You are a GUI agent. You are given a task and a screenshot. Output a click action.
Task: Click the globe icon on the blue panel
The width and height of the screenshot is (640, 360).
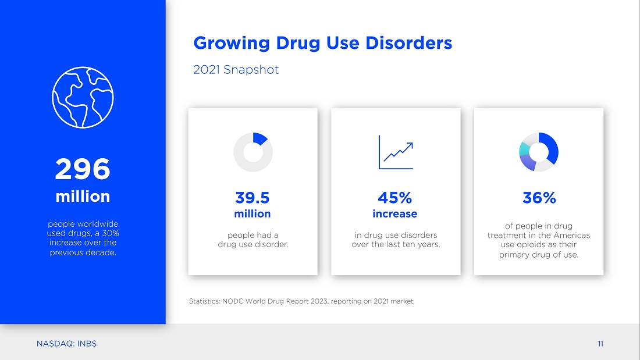click(83, 97)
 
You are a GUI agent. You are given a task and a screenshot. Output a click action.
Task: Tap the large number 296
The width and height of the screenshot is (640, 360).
click(83, 169)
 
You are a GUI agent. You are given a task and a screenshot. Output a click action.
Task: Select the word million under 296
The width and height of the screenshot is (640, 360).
click(83, 197)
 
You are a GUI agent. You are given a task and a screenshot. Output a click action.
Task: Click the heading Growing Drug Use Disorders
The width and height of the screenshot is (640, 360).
click(322, 43)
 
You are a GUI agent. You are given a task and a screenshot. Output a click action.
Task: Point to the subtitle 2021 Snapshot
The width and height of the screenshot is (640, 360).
click(236, 70)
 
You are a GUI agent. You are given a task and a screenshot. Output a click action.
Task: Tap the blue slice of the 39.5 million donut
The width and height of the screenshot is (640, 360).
click(261, 138)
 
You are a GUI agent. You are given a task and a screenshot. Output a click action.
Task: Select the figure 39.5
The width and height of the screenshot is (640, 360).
click(253, 198)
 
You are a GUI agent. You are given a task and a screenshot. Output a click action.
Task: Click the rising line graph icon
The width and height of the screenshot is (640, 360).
click(396, 152)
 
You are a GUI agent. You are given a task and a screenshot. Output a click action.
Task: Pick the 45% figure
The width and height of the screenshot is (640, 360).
click(395, 198)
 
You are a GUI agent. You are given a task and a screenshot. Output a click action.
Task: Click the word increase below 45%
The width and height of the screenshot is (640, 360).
click(395, 214)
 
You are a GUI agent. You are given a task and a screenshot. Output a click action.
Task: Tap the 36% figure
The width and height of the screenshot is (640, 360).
click(539, 198)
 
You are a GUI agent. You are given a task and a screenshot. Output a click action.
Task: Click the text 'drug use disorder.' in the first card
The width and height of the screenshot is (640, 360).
click(253, 244)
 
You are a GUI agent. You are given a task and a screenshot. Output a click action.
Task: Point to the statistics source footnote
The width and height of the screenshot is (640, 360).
click(301, 301)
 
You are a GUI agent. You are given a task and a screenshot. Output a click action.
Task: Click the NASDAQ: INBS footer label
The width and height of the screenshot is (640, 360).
click(66, 344)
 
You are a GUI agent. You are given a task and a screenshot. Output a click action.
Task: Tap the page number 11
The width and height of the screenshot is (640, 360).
click(600, 344)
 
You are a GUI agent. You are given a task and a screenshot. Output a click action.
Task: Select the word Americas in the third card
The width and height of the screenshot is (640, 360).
click(573, 236)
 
